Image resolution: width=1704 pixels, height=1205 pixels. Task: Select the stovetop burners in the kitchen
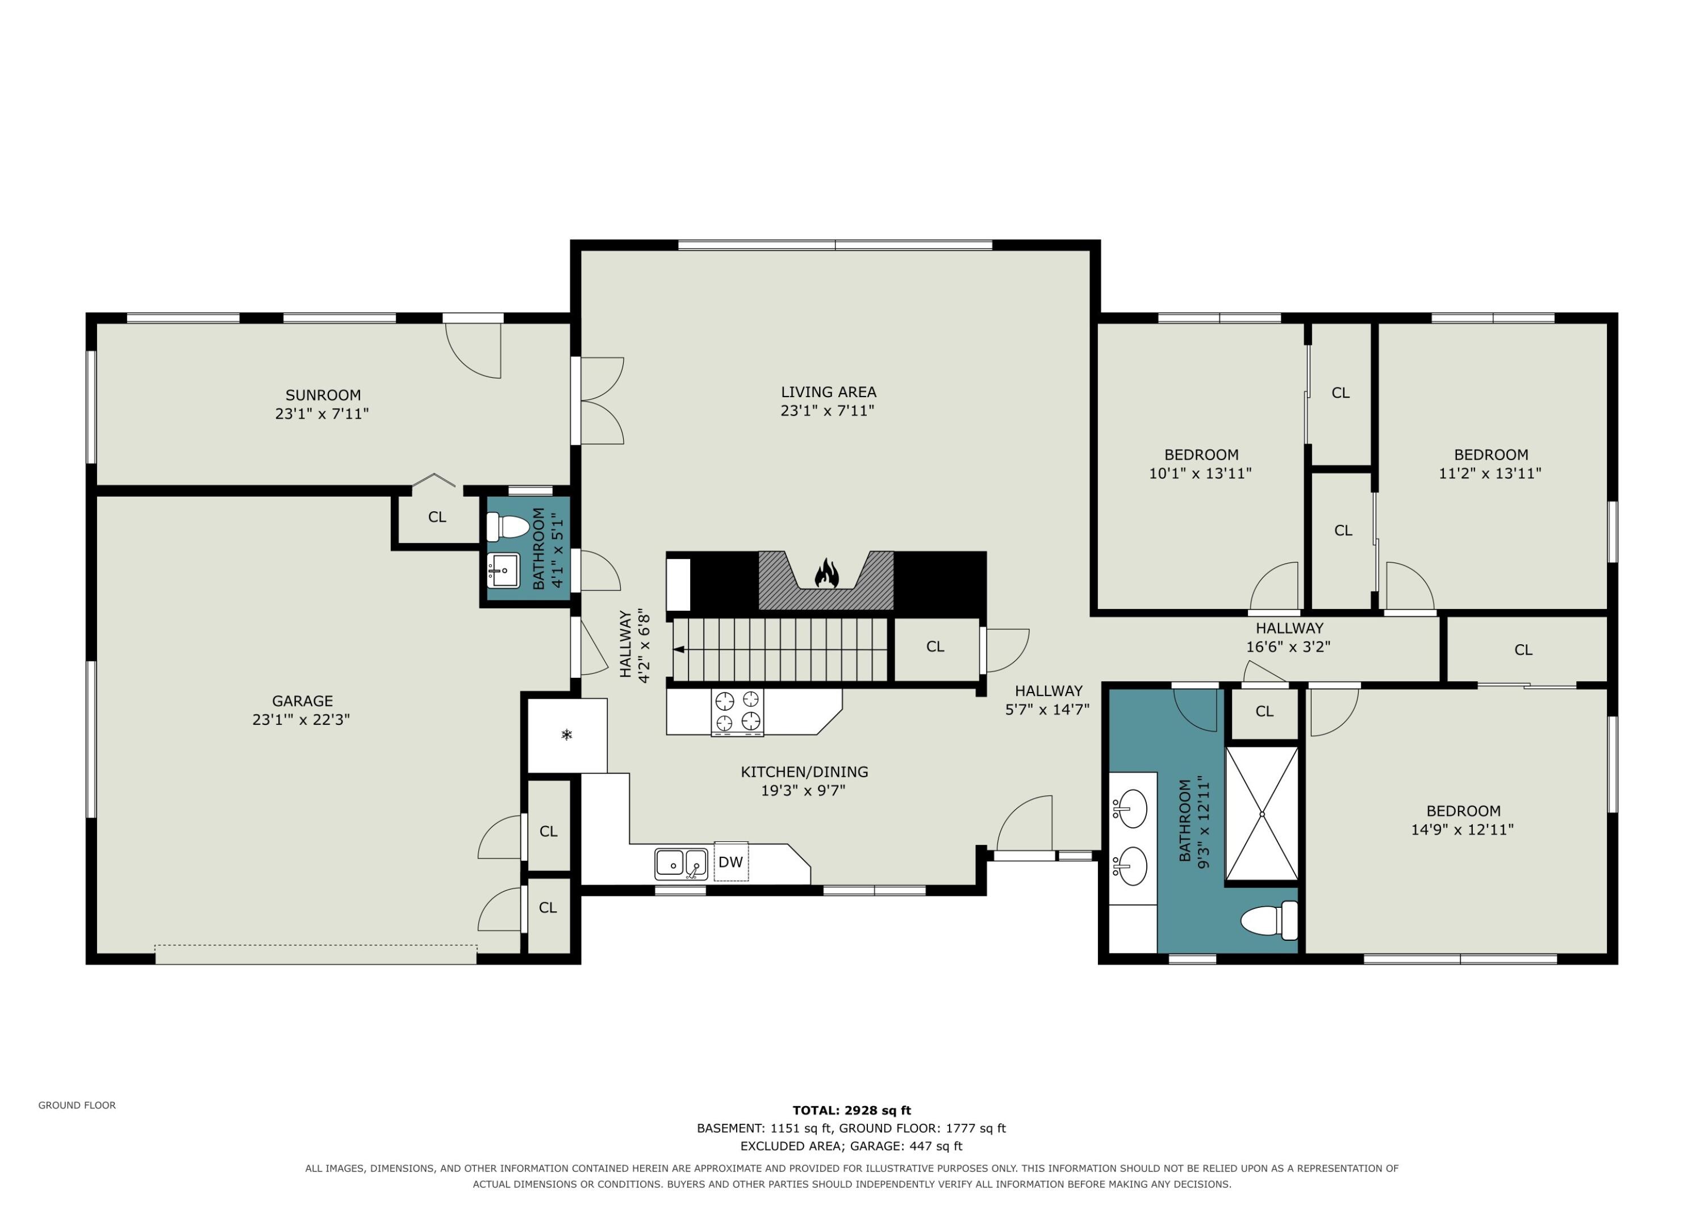click(x=737, y=711)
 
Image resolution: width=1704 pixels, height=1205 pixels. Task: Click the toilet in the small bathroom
click(x=508, y=527)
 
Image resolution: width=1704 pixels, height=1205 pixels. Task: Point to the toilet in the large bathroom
click(x=1269, y=920)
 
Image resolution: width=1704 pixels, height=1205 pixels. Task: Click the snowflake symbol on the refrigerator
click(x=567, y=735)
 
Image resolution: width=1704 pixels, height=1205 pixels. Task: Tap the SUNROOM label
click(x=323, y=395)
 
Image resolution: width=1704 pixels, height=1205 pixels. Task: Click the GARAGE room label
click(x=302, y=701)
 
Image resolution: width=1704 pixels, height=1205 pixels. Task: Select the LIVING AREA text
click(x=828, y=392)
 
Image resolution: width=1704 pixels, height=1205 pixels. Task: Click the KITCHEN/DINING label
click(x=804, y=772)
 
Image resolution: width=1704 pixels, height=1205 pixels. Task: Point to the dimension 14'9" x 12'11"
click(x=1462, y=829)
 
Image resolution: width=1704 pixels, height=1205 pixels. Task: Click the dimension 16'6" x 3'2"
click(x=1288, y=647)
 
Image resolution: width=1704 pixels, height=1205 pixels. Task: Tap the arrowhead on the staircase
click(x=678, y=649)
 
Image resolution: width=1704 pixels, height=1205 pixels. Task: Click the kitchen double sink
click(x=680, y=864)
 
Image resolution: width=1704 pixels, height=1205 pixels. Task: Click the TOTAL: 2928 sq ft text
click(x=851, y=1111)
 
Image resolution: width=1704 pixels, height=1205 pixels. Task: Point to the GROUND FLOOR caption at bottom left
click(x=77, y=1106)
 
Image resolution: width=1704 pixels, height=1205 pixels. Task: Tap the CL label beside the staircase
click(x=935, y=647)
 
